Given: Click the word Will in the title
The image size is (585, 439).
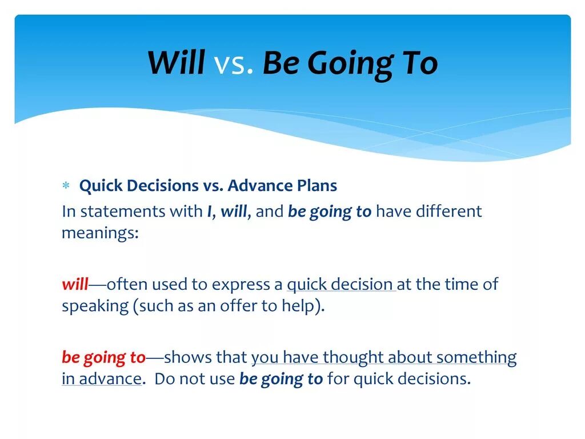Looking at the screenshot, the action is [176, 62].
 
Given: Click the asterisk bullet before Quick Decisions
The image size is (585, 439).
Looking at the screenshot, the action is [66, 185].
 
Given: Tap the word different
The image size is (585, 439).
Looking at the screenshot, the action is [448, 211].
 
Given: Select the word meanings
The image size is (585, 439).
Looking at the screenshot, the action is [100, 234].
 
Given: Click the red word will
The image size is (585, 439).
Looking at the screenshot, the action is [75, 284].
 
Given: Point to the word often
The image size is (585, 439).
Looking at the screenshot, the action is [127, 284].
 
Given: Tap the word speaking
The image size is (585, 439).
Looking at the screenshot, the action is [95, 306].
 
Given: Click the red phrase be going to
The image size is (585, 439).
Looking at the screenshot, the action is [103, 358].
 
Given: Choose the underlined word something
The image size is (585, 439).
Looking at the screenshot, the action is [476, 358].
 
